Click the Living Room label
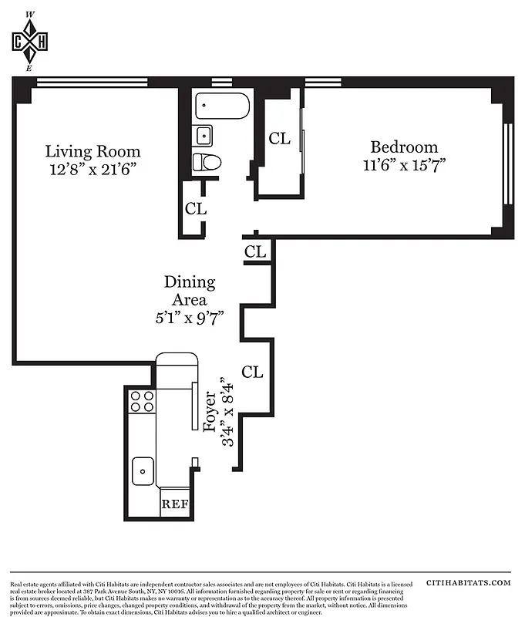(x=93, y=151)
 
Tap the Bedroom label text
(x=404, y=147)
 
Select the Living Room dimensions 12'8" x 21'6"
(x=93, y=170)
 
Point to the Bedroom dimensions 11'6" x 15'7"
(x=404, y=165)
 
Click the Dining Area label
(x=190, y=292)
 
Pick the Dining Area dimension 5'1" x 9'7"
(x=190, y=318)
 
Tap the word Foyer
(x=210, y=415)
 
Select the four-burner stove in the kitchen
(x=142, y=401)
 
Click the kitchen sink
(x=142, y=470)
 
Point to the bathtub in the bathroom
(x=222, y=106)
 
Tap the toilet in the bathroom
(x=206, y=162)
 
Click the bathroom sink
(x=203, y=136)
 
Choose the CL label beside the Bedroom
(x=279, y=139)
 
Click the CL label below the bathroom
(x=196, y=208)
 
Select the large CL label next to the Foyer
(x=253, y=373)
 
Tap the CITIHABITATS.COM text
(x=468, y=584)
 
